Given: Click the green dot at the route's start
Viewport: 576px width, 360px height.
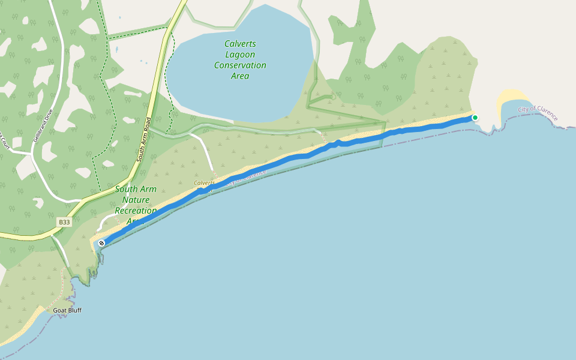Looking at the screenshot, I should click(475, 118).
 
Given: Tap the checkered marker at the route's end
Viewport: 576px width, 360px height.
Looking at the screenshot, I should click(102, 243).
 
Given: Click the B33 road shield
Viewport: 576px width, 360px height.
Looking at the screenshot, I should click(65, 222).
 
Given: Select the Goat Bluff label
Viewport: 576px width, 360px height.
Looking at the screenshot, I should click(67, 310).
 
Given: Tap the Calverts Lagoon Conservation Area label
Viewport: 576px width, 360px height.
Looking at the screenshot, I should click(240, 60).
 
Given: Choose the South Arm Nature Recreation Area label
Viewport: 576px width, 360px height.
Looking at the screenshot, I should click(136, 200).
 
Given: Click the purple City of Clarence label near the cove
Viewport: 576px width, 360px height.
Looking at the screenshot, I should click(538, 112).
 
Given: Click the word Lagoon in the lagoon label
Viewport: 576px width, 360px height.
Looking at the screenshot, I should click(240, 55).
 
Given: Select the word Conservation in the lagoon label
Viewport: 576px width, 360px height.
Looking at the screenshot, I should click(240, 65).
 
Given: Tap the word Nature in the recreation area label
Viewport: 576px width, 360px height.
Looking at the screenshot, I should click(135, 200).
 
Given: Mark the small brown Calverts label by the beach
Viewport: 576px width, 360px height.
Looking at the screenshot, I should click(204, 182).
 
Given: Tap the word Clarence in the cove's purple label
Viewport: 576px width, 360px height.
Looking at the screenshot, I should click(546, 113).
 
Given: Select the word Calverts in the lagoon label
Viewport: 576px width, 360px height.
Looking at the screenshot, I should click(240, 44).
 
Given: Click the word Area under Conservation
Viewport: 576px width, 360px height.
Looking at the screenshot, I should click(240, 76).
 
